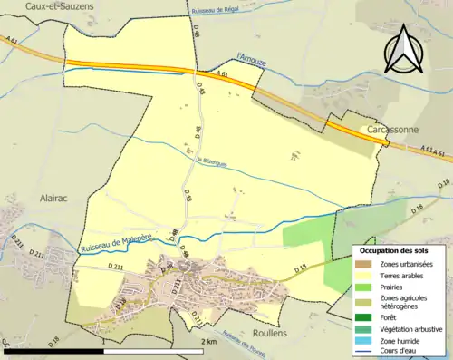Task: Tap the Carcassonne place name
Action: tap(392, 131)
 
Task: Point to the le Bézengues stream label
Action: tap(212, 161)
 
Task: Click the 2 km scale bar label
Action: tap(208, 342)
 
